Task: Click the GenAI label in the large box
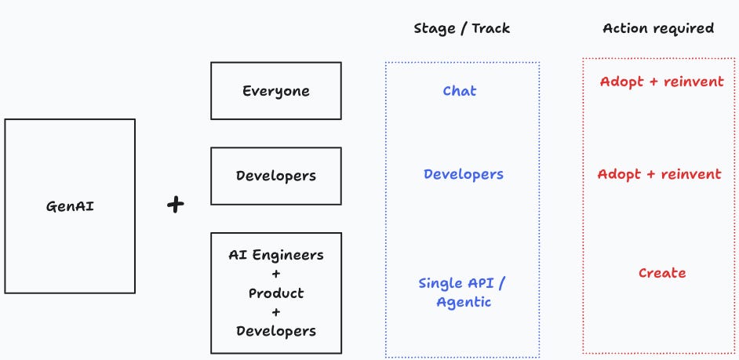coord(70,206)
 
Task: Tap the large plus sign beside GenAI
coord(176,205)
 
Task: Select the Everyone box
coord(276,91)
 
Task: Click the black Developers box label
coord(276,176)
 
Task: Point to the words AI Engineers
coord(276,255)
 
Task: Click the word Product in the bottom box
coord(276,293)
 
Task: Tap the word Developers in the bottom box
coord(276,330)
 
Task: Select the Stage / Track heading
coord(461,29)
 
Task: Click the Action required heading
coord(658,29)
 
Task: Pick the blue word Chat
coord(460,91)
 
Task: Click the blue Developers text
coord(464,174)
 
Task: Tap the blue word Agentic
coord(464,302)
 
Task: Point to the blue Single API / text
coord(466,283)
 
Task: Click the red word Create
coord(662,273)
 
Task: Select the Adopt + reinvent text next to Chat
coord(662,82)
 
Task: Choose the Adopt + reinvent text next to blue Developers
coord(660,174)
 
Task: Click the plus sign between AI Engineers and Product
coord(276,274)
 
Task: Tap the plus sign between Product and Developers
coord(276,311)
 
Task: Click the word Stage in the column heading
coord(434,29)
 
